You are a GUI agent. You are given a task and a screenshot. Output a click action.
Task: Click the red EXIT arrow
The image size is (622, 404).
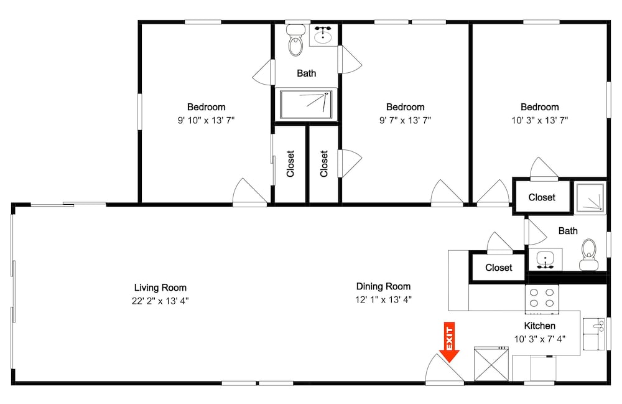450,342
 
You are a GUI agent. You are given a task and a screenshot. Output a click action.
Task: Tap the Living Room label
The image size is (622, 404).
160,288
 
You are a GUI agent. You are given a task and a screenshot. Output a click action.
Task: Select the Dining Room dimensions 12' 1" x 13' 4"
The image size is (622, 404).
383,299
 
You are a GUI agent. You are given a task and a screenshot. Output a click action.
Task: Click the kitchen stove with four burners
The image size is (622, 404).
542,299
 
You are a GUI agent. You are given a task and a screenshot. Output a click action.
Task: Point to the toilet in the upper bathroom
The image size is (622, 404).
295,40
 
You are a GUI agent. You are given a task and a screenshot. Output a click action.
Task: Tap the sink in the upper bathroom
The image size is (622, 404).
323,35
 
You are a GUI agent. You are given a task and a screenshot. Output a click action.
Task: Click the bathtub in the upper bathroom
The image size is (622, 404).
306,105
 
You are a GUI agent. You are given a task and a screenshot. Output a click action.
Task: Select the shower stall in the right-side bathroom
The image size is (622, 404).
590,197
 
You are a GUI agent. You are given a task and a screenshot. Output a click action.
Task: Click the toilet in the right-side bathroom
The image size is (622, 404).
588,255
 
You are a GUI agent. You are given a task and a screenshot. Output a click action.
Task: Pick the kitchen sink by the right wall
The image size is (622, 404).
594,334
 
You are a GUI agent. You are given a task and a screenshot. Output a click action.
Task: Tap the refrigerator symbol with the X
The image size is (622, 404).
491,364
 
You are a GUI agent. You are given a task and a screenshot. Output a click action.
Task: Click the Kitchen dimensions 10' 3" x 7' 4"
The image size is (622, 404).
539,339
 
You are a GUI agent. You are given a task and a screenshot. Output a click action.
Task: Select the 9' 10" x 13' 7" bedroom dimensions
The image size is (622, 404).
207,120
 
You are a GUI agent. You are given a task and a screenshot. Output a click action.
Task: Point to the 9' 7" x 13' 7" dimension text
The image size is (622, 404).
405,120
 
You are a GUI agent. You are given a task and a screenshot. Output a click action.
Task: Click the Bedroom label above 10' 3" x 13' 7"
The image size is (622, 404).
539,107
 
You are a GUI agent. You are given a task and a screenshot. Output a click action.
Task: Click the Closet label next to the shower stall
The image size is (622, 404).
542,197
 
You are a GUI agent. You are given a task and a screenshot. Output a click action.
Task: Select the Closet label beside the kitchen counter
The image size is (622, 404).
499,268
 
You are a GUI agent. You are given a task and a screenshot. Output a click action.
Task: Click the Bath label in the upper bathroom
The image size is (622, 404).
306,73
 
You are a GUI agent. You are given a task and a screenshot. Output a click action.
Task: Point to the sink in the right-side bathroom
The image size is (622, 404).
545,260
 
